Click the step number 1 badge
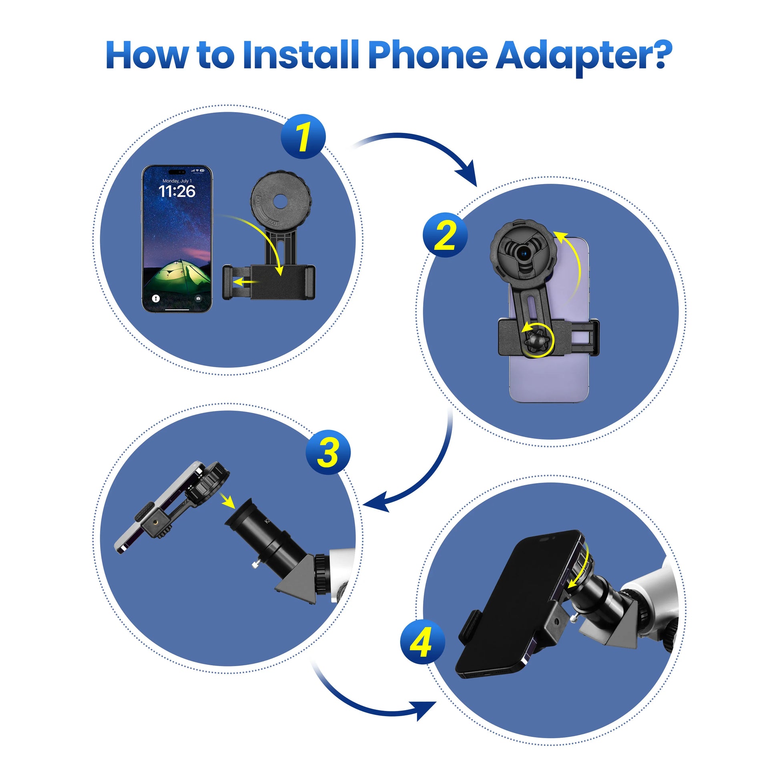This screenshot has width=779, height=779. coord(303,137)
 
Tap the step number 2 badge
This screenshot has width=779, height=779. coord(445,235)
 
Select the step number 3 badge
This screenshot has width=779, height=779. coord(328,452)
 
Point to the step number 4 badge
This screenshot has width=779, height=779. coord(423,642)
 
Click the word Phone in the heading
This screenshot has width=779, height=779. coord(428,55)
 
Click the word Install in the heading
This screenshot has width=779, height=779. coord(301,55)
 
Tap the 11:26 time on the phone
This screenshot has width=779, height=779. coord(177,191)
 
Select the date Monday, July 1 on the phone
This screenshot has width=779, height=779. coord(177,181)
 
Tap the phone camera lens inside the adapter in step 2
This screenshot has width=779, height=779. coord(524,254)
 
